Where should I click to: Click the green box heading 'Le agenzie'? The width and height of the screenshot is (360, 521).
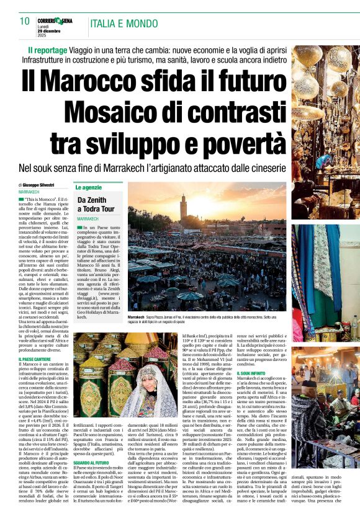point(89,187)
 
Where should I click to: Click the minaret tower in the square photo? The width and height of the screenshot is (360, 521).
point(183,209)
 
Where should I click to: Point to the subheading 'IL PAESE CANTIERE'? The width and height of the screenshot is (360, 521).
point(35,359)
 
